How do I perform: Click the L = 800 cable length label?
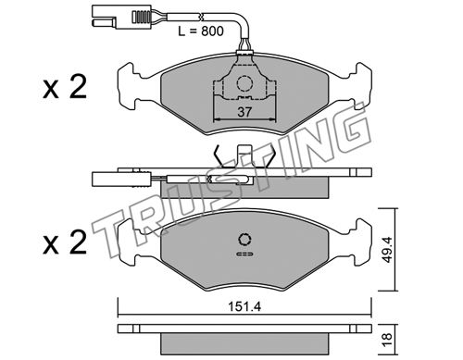[x=201, y=31]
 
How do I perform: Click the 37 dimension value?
[x=244, y=112]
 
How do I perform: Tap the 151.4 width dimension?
[x=244, y=306]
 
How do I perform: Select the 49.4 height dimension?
[x=387, y=250]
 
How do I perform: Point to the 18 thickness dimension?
[x=387, y=340]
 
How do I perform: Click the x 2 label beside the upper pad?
[x=65, y=87]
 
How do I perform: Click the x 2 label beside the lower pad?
[x=65, y=242]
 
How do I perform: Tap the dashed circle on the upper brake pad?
[x=244, y=83]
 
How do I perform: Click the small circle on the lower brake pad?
[x=244, y=240]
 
